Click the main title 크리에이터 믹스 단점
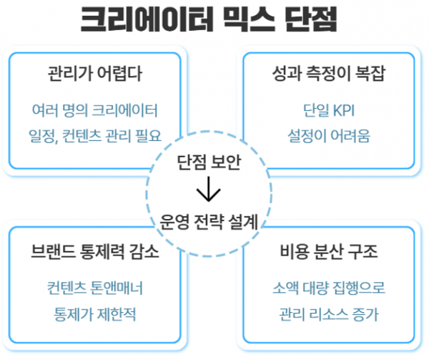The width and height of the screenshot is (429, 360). [209, 20]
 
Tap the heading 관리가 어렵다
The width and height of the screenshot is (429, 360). [95, 74]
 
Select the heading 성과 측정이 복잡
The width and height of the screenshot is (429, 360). [329, 74]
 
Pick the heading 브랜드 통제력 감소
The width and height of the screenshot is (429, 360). [95, 251]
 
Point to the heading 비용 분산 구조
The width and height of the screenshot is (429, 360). [329, 251]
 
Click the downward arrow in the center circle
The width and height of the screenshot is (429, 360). [209, 189]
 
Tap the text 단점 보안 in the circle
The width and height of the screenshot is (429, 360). [209, 162]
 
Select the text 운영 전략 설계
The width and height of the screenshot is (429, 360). [209, 221]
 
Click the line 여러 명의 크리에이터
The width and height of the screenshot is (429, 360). [95, 110]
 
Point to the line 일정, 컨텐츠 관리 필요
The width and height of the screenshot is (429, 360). [95, 136]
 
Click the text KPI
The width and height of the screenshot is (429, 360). [344, 111]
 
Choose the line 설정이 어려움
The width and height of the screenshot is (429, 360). [329, 136]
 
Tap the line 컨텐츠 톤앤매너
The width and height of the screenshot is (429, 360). [95, 288]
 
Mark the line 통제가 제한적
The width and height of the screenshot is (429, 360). [95, 313]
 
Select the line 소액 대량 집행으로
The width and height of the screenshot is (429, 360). [329, 288]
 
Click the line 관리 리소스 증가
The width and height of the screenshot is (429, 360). [329, 313]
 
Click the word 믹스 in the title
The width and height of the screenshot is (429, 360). [248, 20]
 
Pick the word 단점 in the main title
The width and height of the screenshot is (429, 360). [311, 20]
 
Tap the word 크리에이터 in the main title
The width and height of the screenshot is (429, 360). [147, 20]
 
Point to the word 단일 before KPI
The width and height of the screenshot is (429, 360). [316, 111]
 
